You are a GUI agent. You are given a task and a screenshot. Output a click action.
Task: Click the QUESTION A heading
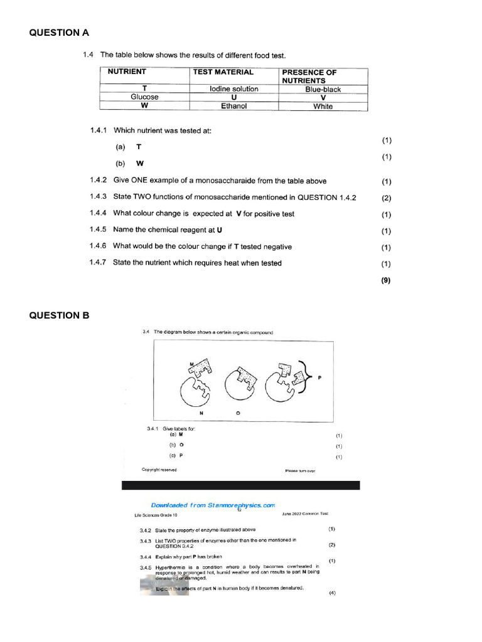pos(60,33)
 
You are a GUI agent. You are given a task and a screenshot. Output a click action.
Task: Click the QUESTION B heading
pos(60,315)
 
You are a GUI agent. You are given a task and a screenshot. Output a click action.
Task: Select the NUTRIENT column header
pos(127,72)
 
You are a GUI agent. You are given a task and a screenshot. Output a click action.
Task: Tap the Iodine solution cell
pos(233,89)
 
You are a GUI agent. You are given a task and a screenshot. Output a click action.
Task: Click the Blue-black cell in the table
pos(323,90)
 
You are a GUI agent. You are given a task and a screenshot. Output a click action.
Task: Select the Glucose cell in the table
pos(144,97)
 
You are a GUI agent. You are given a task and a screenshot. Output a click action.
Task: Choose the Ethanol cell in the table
pos(233,106)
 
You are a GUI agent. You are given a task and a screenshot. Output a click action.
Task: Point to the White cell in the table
pos(323,107)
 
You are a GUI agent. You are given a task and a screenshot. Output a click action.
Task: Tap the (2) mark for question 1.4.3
pos(386,197)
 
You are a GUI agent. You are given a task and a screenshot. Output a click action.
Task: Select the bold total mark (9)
pos(386,281)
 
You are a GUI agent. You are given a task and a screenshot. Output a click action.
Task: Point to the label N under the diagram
pos(201,414)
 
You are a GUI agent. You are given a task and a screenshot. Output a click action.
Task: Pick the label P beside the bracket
pos(320,378)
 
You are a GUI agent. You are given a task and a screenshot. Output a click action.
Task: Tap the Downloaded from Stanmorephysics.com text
pos(213,505)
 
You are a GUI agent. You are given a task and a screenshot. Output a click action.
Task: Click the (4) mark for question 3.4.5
pos(332,593)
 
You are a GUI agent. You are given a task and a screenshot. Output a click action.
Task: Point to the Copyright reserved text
pos(159,470)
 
